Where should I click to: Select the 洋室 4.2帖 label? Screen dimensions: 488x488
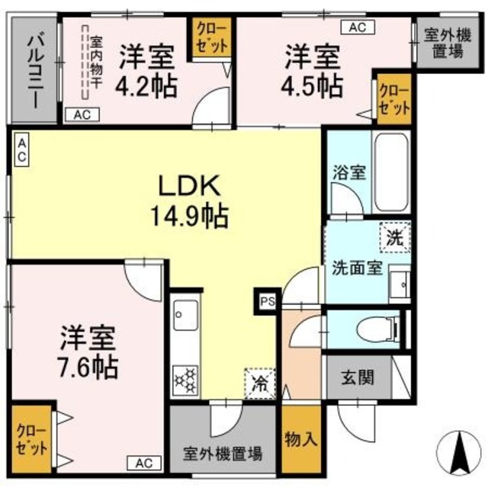[147, 70]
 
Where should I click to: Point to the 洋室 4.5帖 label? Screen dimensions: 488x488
[313, 70]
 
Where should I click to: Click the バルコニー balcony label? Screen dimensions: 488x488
[35, 69]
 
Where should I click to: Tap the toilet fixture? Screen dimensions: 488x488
[380, 329]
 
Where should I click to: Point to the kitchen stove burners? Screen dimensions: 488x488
[185, 379]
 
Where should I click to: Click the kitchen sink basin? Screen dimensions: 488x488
[185, 313]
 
